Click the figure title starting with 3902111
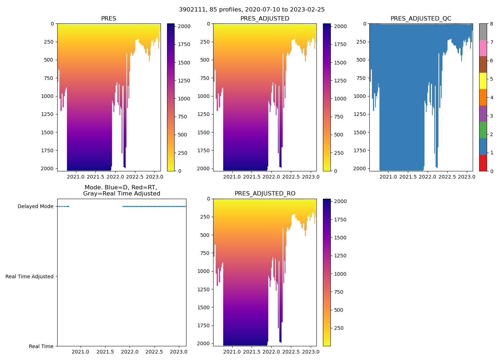coord(252,10)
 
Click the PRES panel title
coord(108,19)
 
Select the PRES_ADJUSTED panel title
coord(265,19)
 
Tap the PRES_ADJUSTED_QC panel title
coord(421,19)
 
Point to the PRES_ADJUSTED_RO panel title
coord(265,194)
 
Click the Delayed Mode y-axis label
coord(35,207)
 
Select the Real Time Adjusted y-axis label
coord(30,276)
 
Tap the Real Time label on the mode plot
coord(41,346)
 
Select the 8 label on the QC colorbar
coord(491,24)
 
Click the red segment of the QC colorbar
coord(483,163)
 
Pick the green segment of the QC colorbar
coord(483,130)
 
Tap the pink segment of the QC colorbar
coord(483,48)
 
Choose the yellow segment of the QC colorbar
coord(483,81)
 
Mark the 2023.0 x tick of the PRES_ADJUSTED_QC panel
coord(467,177)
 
